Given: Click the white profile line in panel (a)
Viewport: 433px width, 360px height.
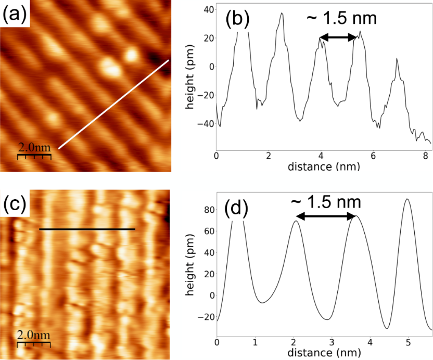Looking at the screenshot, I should [113, 105].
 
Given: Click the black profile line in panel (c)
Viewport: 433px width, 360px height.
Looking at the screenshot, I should [87, 229].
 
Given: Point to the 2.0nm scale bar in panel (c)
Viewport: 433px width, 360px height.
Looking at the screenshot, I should [34, 340].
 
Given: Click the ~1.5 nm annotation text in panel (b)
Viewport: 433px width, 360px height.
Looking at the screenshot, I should [339, 19].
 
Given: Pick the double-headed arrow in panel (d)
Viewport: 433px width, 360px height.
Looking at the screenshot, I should [326, 215].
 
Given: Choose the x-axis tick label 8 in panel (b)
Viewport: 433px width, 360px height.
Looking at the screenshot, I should [426, 156].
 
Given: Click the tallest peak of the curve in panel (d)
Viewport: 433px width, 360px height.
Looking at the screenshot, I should [407, 199].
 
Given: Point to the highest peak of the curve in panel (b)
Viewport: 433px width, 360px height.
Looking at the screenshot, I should [282, 14].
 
